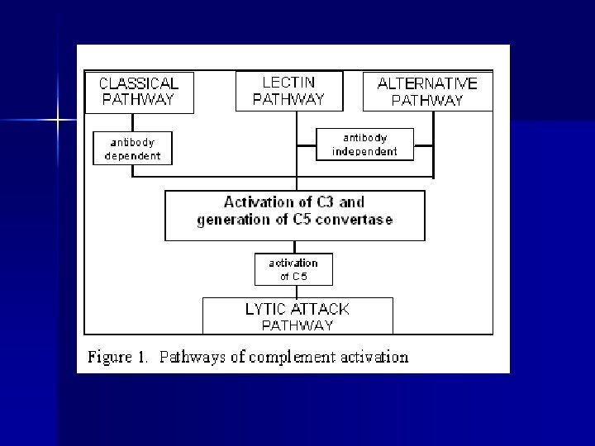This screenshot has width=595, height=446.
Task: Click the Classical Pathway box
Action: [139, 93]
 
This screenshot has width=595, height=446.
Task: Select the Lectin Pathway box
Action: [288, 91]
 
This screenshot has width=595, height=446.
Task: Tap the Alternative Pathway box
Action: [427, 92]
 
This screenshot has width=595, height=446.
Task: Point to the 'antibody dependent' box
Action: [132, 148]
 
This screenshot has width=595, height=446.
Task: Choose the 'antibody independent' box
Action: [364, 145]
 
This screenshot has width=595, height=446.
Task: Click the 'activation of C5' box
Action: [293, 269]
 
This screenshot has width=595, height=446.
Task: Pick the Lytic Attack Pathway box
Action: [297, 316]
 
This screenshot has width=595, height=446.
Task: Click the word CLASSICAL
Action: [139, 83]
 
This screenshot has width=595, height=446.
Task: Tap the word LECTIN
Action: [288, 83]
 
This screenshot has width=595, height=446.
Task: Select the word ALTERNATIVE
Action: [427, 83]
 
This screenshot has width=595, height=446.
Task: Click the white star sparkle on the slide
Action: [57, 121]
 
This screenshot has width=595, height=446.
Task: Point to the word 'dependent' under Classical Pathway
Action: [132, 155]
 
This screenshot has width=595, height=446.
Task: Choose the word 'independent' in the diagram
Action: [364, 151]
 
